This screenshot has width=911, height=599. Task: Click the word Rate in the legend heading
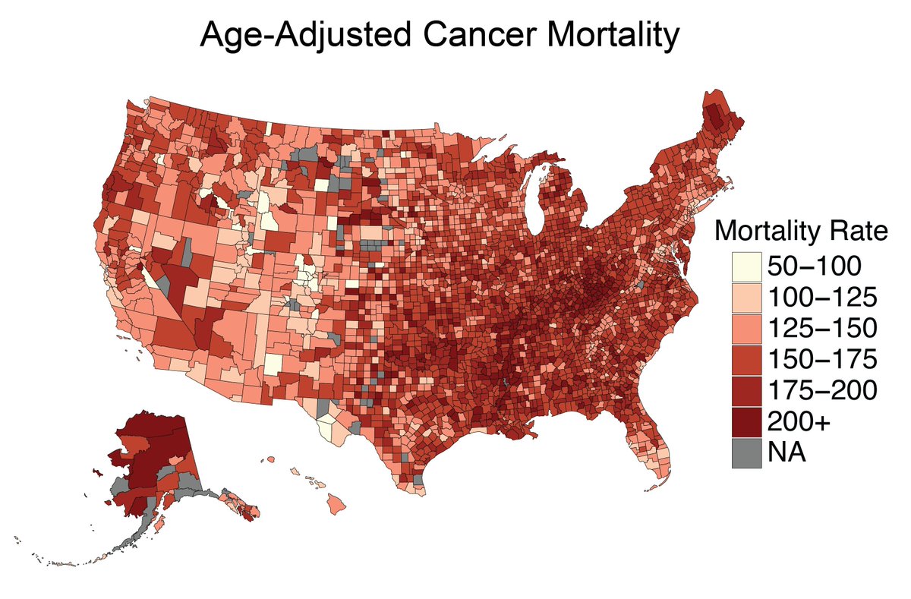click(x=856, y=231)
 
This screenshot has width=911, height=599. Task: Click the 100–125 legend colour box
click(x=747, y=297)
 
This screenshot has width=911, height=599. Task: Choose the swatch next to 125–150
click(x=747, y=328)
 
